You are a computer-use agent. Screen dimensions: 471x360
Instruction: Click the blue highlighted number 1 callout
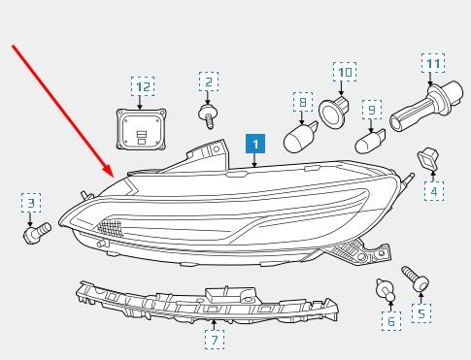(255, 144)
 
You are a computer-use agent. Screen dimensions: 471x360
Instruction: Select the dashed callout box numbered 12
(143, 86)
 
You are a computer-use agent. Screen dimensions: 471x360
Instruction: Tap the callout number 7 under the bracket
(215, 340)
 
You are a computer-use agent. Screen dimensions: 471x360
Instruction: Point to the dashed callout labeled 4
(434, 191)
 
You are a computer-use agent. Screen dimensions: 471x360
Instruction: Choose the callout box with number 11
(433, 63)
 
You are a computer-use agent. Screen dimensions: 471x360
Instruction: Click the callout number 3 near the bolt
(31, 203)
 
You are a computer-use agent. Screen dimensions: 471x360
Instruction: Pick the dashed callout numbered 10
(345, 72)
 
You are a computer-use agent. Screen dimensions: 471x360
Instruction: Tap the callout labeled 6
(391, 321)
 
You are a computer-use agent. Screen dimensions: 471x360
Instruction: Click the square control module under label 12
(142, 129)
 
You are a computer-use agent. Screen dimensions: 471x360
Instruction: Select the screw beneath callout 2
(208, 116)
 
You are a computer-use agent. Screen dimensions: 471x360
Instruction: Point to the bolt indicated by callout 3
(37, 233)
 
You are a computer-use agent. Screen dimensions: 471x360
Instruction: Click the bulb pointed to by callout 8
(300, 137)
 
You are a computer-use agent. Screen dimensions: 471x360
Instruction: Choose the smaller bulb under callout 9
(370, 142)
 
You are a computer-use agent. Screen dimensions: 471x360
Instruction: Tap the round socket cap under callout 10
(334, 113)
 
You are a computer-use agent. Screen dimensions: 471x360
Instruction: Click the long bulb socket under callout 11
(426, 107)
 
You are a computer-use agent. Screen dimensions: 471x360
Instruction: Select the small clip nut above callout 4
(428, 158)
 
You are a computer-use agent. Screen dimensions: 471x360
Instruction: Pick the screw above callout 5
(416, 278)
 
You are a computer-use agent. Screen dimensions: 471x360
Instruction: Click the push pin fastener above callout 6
(386, 290)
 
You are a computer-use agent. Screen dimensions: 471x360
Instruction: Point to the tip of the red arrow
(114, 177)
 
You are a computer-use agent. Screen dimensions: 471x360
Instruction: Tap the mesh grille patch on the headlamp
(110, 228)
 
